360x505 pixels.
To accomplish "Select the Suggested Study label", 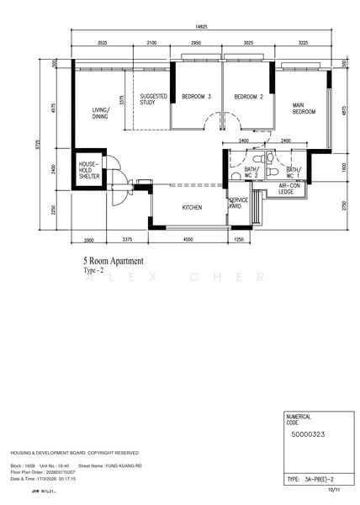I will coord(153,99).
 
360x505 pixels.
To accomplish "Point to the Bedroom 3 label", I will coord(196,97).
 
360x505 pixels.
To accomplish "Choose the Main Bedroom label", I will coord(304,109).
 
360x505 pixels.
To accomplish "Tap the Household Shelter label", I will coord(89,170).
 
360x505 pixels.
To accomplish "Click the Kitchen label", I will coord(193,206).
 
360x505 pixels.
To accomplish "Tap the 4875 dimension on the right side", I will coord(343,110).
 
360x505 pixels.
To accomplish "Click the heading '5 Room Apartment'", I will coord(113,262).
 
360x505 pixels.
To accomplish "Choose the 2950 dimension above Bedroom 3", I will coord(196,41).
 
